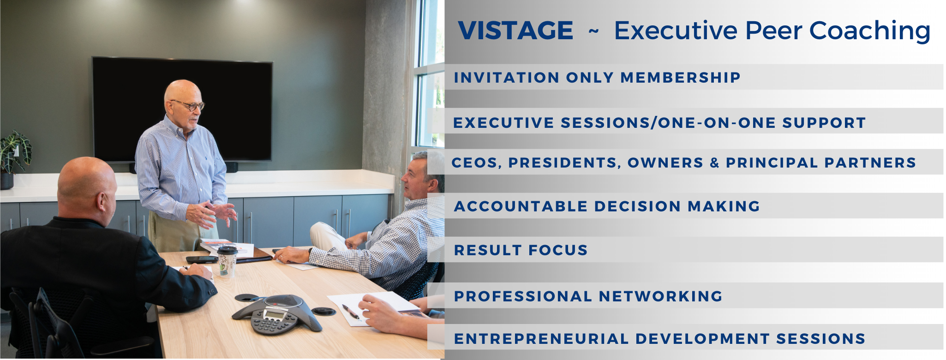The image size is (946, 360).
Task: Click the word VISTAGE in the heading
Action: pos(515,30)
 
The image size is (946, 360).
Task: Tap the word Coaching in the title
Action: pos(869,31)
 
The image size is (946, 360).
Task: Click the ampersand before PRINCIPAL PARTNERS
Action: pos(715,162)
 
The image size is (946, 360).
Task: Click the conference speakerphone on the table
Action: pos(277,314)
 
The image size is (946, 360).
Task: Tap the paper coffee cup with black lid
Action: pos(227,261)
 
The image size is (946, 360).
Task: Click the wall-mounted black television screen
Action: pos(182,109)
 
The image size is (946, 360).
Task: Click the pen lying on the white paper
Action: pos(351,312)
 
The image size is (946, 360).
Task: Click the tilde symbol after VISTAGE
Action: pos(593,31)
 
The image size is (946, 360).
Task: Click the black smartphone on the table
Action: pos(201,259)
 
